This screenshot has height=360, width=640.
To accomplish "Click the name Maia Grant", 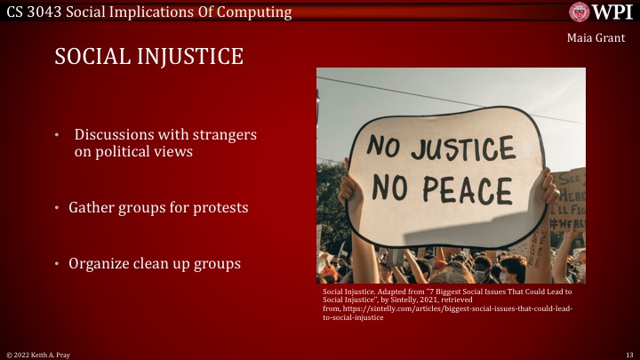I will pyautogui.click(x=591, y=37).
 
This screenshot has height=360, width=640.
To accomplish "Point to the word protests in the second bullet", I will pyautogui.click(x=216, y=207).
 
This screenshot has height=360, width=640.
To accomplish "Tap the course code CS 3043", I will pyautogui.click(x=39, y=12).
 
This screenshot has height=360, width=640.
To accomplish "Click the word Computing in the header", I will pyautogui.click(x=258, y=12).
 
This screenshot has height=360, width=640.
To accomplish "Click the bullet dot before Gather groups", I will pyautogui.click(x=58, y=208).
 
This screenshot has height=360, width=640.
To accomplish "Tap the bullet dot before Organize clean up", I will pyautogui.click(x=58, y=264).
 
